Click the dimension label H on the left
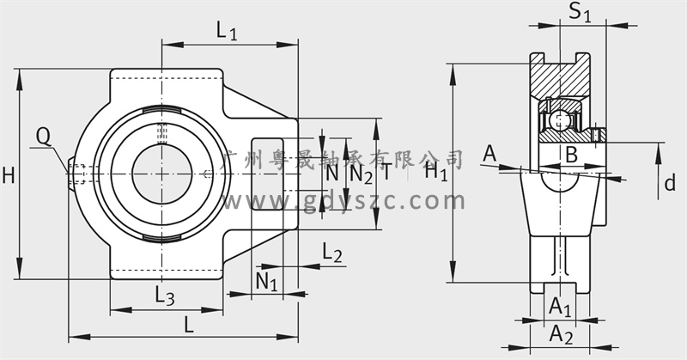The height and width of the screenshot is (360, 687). coord(9,176)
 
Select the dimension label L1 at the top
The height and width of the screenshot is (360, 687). coord(227,33)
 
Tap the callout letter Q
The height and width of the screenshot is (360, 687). coord(44,135)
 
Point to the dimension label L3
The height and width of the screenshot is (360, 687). coord(165,295)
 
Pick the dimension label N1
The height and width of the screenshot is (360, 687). coord(266,280)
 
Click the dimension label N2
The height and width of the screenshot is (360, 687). coord(362,174)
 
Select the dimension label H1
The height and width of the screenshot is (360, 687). coord(436,173)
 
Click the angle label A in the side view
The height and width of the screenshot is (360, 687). coord(489,154)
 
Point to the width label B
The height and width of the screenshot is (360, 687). coord(570,155)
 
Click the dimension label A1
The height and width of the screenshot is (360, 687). coord(560,305)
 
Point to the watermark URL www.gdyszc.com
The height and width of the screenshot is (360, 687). coord(343,202)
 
